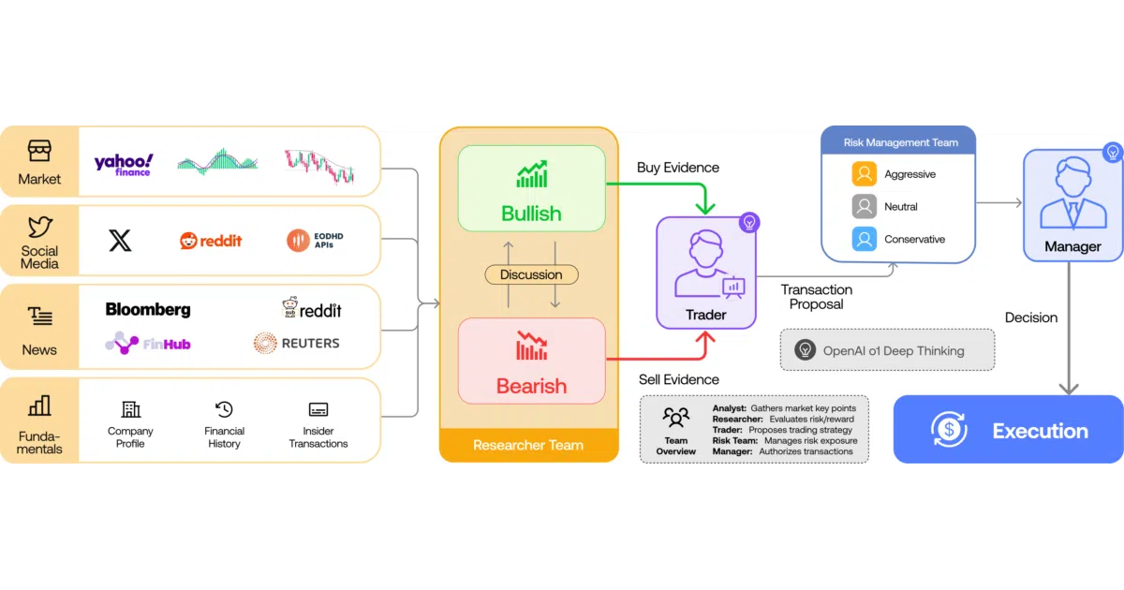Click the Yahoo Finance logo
click(x=124, y=165)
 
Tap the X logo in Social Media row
click(x=120, y=241)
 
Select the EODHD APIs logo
click(x=315, y=241)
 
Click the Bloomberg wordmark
click(x=148, y=310)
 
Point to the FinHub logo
click(x=148, y=343)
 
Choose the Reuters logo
click(x=297, y=343)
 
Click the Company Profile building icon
click(x=130, y=409)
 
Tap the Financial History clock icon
click(x=224, y=409)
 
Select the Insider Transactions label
click(x=318, y=437)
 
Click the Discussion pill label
click(x=531, y=274)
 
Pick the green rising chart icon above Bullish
click(x=532, y=174)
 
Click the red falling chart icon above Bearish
click(x=532, y=346)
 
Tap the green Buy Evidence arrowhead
click(x=705, y=207)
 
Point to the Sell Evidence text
click(x=678, y=379)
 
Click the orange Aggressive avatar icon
click(x=864, y=173)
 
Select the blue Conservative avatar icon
click(x=864, y=239)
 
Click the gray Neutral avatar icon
click(x=864, y=206)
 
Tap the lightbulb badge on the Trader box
click(x=749, y=222)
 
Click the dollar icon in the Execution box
click(x=949, y=429)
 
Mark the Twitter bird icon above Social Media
click(x=39, y=227)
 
